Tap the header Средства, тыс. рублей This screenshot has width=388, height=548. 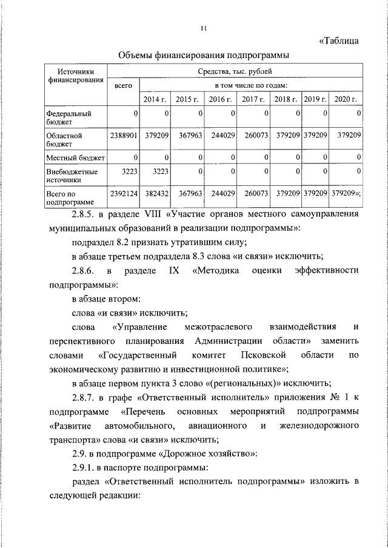[x=251, y=71]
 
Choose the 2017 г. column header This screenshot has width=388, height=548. [x=253, y=99]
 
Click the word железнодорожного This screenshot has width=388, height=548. [x=318, y=426]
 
